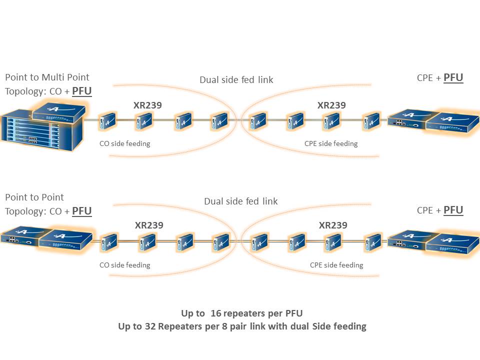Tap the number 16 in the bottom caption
coord(216,313)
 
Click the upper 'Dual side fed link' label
coord(236,80)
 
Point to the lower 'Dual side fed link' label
coord(240,201)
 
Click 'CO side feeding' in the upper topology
coord(124,144)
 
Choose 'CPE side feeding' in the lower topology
coord(336,265)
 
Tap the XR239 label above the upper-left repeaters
coord(147,105)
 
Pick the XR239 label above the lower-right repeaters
coord(333,225)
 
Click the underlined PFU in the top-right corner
coord(453,78)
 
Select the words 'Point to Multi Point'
coord(47,77)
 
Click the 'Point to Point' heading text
coord(34,197)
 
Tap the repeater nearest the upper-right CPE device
coord(371,120)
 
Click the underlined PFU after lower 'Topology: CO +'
coord(82,211)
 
